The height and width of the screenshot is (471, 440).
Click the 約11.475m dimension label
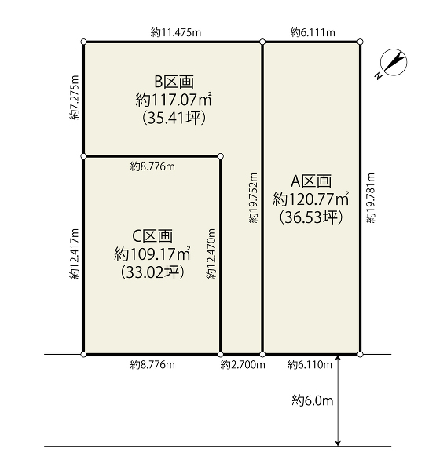pos(176,32)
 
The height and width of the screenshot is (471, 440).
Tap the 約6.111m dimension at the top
pos(313,32)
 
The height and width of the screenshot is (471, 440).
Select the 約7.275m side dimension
pos(75,97)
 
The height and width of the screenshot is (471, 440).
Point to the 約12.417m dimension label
pos(75,254)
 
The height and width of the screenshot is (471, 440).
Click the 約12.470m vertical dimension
pos(211,254)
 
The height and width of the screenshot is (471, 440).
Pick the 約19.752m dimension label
pos(253,198)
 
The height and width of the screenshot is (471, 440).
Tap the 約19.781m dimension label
pos(371,198)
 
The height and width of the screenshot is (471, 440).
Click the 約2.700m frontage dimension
pos(243,365)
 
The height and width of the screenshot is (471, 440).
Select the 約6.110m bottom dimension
pos(310,365)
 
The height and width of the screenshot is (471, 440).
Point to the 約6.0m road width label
pos(313,400)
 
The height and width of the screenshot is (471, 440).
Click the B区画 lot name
pos(174,82)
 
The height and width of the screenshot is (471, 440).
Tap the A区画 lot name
pos(311,181)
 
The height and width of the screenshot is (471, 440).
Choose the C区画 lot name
pos(152,236)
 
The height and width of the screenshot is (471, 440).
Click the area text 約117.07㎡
pos(174,100)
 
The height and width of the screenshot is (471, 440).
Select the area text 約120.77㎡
pos(310,199)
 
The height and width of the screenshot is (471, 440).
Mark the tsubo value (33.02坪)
pos(152,272)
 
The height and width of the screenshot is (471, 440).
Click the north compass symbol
pos(394,62)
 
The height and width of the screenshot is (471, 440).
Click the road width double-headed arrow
pos(338,400)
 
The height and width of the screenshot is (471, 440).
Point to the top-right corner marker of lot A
pos(361,42)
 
